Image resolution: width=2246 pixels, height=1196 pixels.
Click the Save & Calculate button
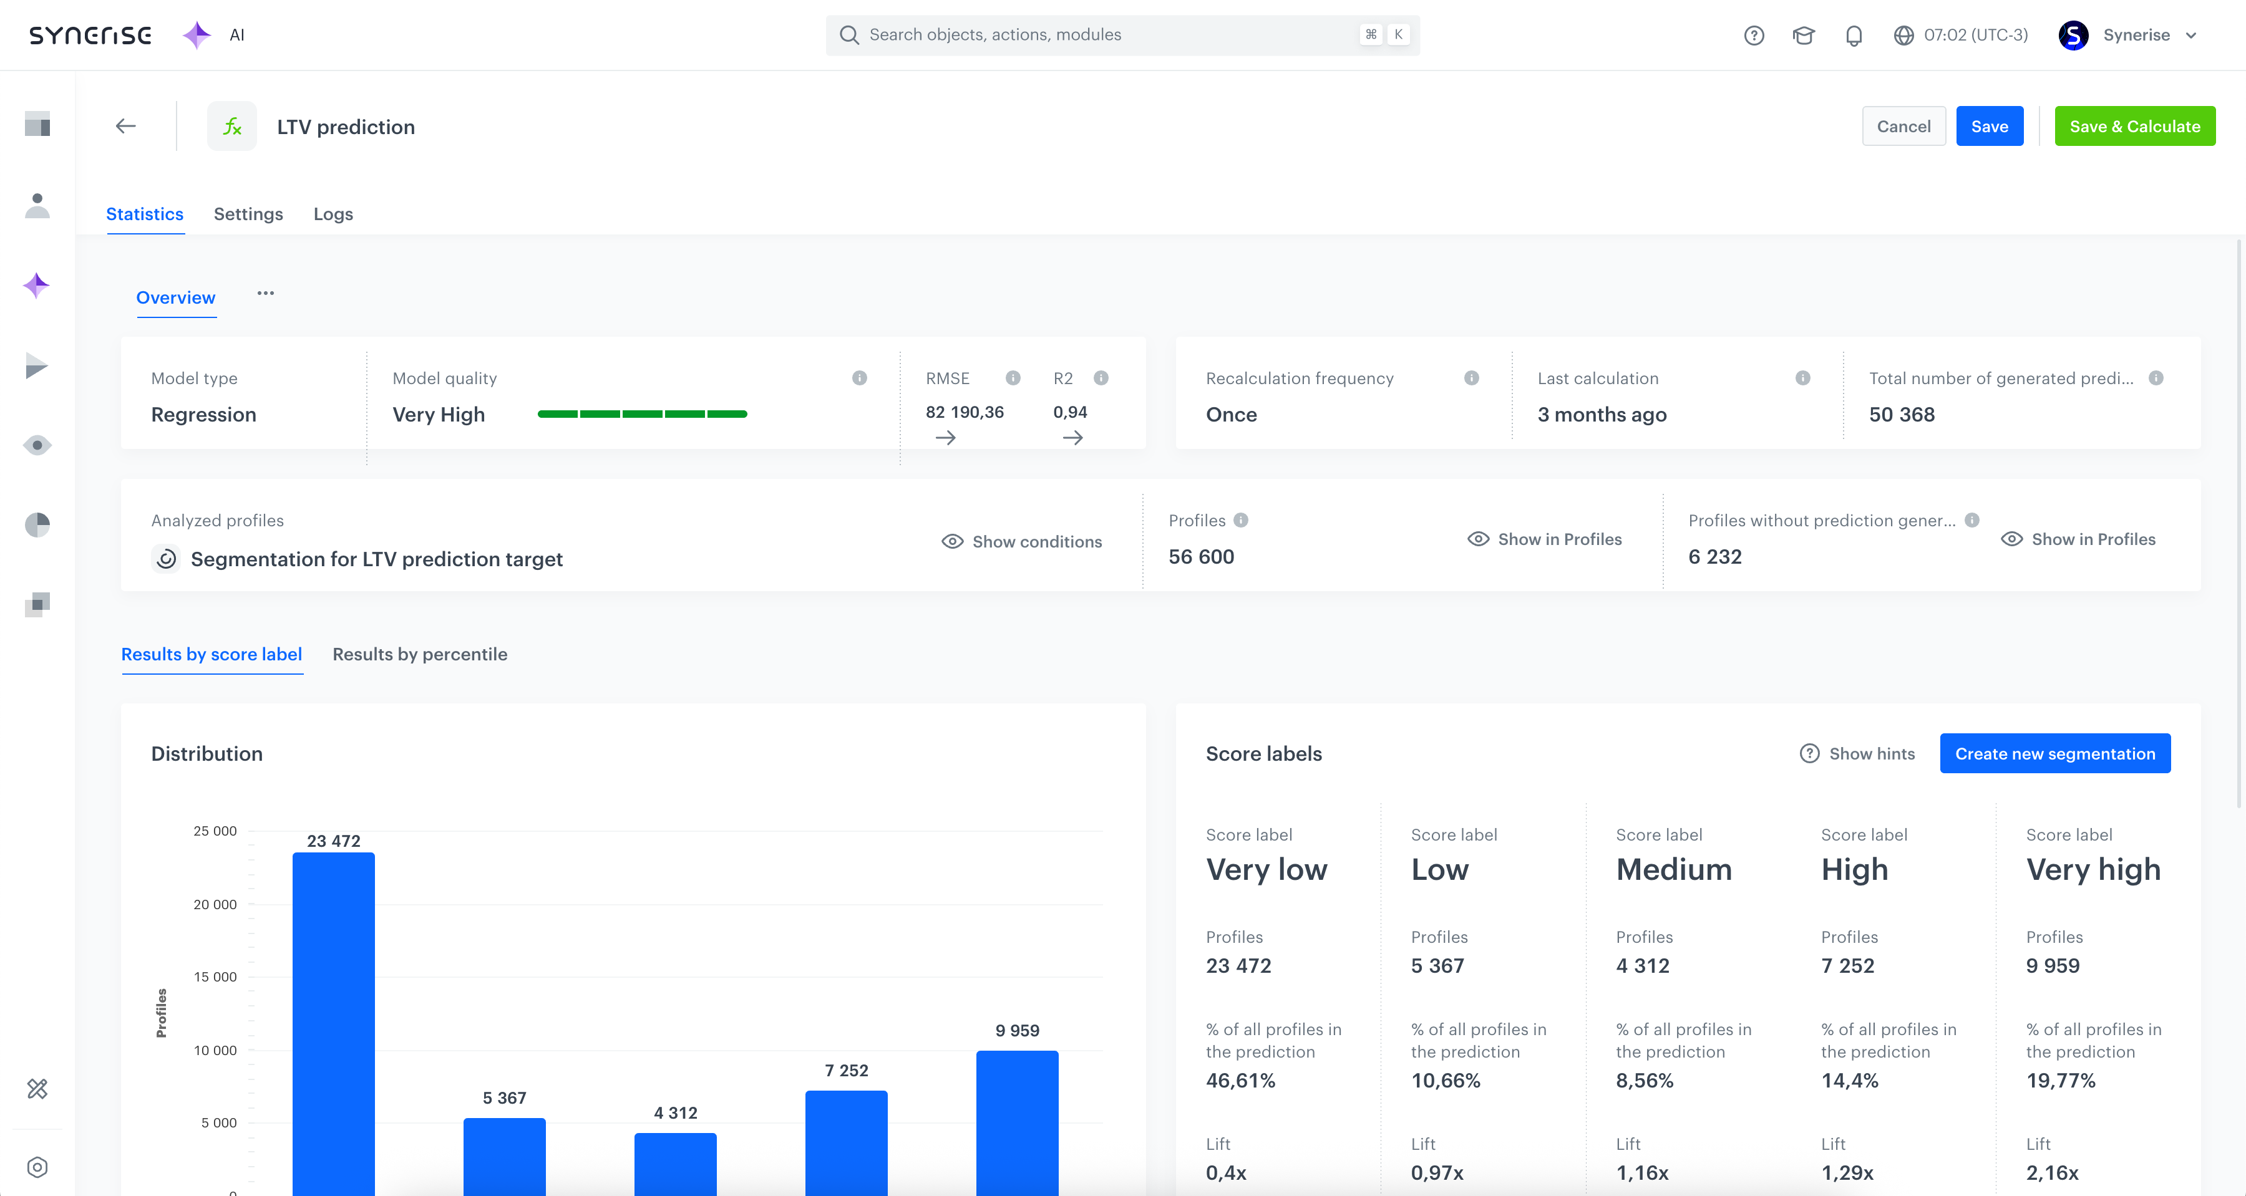click(2134, 127)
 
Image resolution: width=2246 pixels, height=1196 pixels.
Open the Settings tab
click(248, 213)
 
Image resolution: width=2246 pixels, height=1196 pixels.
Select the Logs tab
click(333, 213)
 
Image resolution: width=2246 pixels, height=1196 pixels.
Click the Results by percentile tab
click(419, 653)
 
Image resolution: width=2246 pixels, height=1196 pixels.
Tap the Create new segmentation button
click(2054, 753)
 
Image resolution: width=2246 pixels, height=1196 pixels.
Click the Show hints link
click(1857, 753)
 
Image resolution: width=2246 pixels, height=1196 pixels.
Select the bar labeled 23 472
click(333, 1020)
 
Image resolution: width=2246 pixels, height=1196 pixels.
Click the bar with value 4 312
click(675, 1163)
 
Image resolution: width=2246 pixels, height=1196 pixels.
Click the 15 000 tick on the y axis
click(215, 977)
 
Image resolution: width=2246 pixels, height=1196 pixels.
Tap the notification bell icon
click(1854, 35)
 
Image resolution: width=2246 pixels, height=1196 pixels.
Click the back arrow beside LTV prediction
click(125, 127)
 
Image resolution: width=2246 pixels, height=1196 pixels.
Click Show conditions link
click(1022, 541)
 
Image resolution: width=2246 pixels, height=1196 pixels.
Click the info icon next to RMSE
click(1013, 377)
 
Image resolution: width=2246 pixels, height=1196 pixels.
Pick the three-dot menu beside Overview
click(265, 294)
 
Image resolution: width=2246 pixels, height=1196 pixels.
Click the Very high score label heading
click(2093, 869)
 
